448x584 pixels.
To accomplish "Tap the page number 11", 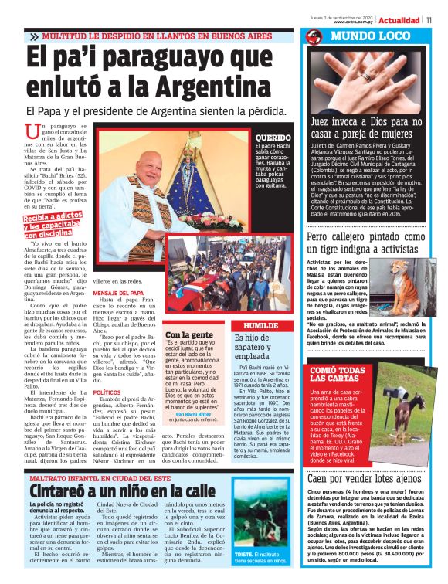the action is click(x=439, y=20).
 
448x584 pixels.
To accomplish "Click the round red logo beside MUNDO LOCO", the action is click(x=313, y=37).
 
